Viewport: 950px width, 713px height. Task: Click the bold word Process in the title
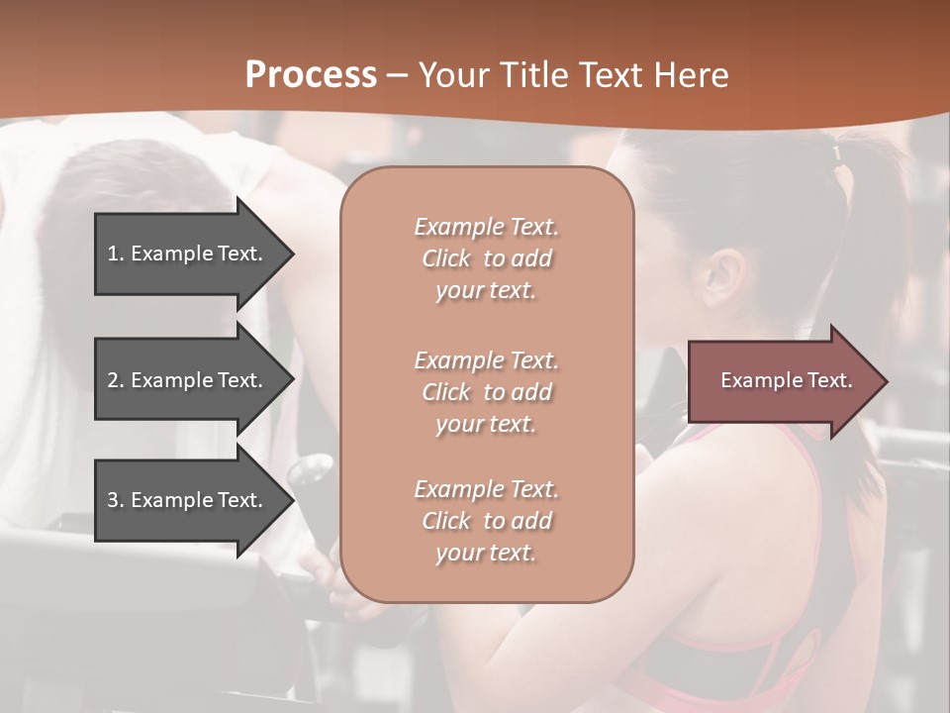(311, 74)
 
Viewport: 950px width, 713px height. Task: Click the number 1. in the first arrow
(116, 254)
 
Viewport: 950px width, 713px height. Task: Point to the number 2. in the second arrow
(116, 380)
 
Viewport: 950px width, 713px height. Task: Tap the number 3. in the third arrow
(116, 500)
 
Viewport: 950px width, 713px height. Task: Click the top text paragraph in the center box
(486, 258)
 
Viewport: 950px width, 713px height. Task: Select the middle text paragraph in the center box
(486, 391)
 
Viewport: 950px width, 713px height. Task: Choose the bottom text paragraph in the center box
(486, 521)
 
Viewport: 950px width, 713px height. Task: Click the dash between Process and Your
(398, 75)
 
